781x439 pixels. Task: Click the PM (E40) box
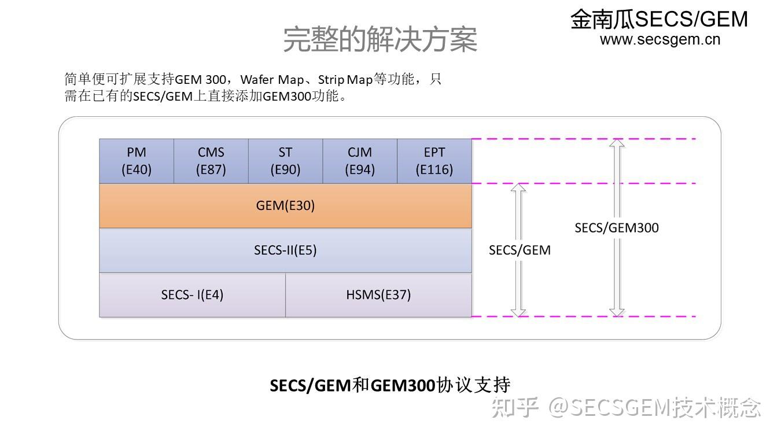[x=137, y=161]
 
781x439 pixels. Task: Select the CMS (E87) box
[x=211, y=161]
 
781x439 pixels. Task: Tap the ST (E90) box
[x=285, y=161]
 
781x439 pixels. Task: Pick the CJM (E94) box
[x=360, y=161]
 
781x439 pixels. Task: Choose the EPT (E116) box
[x=434, y=161]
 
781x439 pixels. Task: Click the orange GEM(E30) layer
[x=285, y=206]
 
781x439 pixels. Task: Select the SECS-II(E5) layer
[x=285, y=250]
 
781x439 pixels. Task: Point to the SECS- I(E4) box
[x=192, y=294]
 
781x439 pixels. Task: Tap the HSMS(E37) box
[x=378, y=294]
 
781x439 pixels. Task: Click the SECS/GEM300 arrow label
[x=616, y=228]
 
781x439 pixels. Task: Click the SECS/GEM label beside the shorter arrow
[x=520, y=250]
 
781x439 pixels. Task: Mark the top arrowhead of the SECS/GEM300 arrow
[x=617, y=143]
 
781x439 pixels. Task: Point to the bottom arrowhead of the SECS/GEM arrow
[x=519, y=312]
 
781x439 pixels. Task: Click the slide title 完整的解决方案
[x=380, y=39]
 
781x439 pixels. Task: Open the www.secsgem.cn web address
[x=660, y=39]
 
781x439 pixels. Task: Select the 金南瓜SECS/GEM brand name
[x=659, y=19]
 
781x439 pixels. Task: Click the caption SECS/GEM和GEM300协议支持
[x=390, y=385]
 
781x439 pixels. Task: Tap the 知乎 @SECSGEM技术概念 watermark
[x=626, y=408]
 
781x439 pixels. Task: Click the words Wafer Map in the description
[x=272, y=79]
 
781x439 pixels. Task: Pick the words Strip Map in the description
[x=345, y=79]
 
